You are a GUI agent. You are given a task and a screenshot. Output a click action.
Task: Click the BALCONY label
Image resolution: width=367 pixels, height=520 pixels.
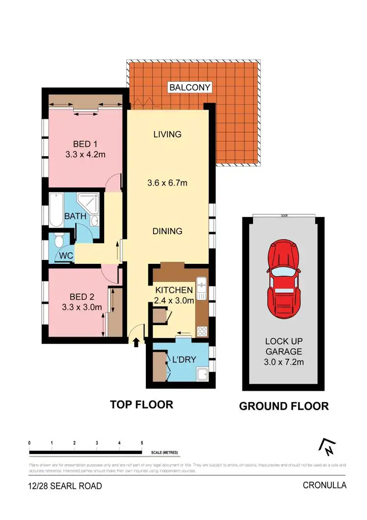coord(190,88)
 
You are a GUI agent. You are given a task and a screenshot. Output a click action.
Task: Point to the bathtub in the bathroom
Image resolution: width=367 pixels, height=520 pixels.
coord(56,211)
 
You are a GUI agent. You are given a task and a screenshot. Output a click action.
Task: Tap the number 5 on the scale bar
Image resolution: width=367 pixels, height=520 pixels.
coord(142,443)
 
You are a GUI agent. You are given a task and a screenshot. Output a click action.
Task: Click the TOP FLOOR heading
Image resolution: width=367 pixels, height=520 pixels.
coord(141,404)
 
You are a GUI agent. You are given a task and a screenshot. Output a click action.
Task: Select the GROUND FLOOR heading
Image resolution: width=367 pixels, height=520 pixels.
coord(283,406)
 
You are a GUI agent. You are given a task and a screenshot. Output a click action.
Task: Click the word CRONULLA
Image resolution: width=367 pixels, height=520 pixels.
coord(324,486)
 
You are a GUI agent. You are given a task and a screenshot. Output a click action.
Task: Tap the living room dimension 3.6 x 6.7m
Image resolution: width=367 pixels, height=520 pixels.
coord(168,183)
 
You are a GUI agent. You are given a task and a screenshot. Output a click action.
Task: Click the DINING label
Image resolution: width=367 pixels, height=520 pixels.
coord(167,231)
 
